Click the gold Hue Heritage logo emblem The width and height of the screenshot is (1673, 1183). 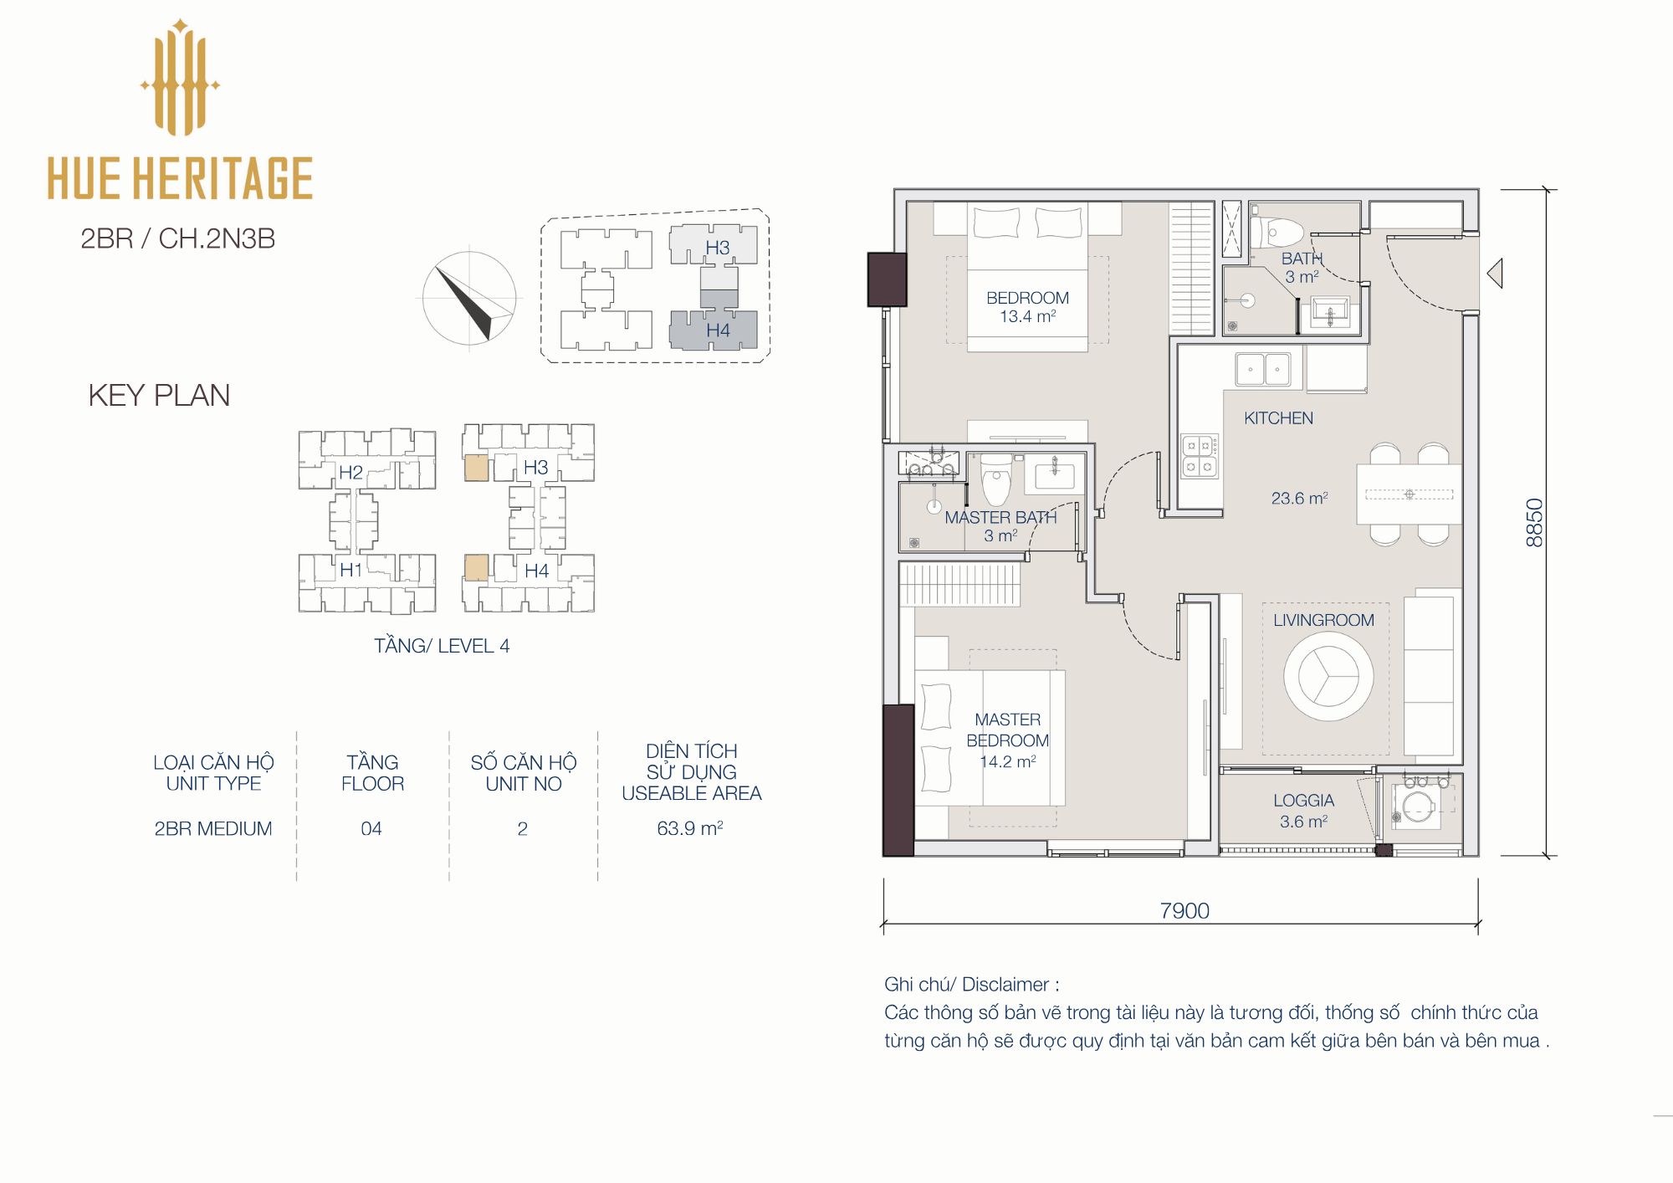pyautogui.click(x=180, y=78)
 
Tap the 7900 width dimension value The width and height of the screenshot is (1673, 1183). pyautogui.click(x=1184, y=910)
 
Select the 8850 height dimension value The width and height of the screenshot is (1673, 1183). pyautogui.click(x=1534, y=523)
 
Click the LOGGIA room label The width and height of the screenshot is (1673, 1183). pyautogui.click(x=1303, y=801)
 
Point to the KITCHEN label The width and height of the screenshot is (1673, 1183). pyautogui.click(x=1278, y=418)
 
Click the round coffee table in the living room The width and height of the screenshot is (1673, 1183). pyautogui.click(x=1328, y=676)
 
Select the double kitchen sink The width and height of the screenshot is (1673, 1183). pyautogui.click(x=1263, y=369)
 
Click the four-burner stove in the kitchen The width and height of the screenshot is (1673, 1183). pyautogui.click(x=1200, y=456)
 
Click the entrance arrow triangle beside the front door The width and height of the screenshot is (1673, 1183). pyautogui.click(x=1495, y=273)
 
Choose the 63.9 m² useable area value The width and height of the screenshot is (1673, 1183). pyautogui.click(x=690, y=828)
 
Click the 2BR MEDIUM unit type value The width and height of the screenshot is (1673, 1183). pyautogui.click(x=213, y=828)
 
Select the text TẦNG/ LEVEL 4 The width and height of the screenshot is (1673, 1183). pyautogui.click(x=442, y=646)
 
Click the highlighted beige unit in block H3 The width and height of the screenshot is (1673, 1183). pyautogui.click(x=476, y=468)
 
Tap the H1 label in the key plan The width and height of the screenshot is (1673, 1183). pyautogui.click(x=350, y=571)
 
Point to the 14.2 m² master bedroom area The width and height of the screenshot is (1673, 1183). pyautogui.click(x=1008, y=761)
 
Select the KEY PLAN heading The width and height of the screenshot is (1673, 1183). pyautogui.click(x=159, y=395)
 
